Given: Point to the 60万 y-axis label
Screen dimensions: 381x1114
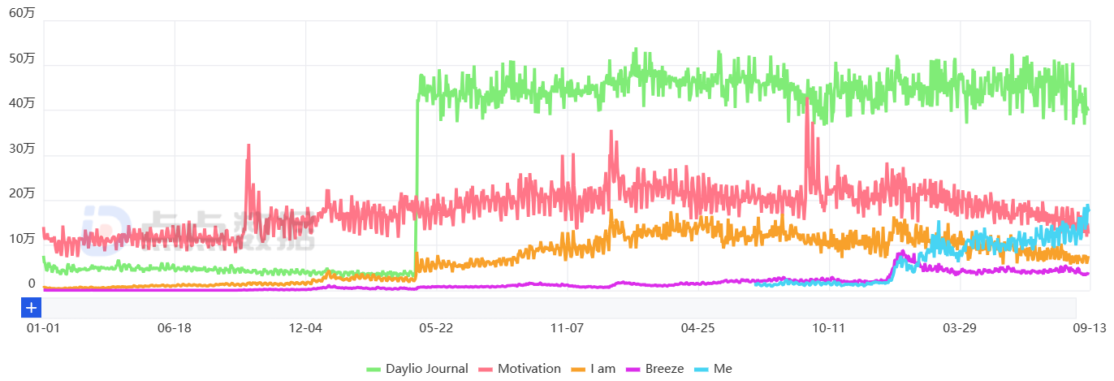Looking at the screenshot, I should [21, 13].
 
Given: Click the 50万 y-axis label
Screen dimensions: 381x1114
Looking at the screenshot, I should [21, 58].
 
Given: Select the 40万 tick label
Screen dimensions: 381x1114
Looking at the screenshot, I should [21, 103].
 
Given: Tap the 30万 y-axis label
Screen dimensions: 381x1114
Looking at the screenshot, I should [21, 149].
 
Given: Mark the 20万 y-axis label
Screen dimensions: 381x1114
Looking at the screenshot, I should [21, 193].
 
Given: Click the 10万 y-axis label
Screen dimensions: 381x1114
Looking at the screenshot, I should [21, 239].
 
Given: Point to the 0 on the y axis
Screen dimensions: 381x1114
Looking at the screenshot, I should [32, 284].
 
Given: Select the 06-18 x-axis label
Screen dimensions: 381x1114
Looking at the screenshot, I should [174, 328].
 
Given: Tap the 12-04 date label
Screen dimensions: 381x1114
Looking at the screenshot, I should [305, 328].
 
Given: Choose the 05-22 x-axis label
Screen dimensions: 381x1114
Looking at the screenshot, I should [436, 328].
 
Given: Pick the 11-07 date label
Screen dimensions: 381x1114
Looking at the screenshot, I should [567, 328].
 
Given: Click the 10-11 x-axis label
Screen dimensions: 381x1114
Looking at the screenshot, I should [828, 328].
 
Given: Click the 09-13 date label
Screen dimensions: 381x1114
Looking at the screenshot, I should [1089, 328].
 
